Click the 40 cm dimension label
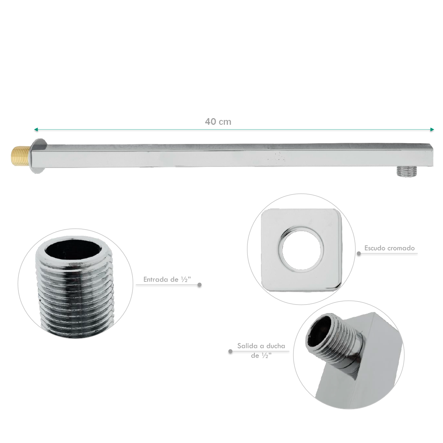(218, 121)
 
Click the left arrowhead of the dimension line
(35, 130)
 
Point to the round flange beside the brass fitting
(38, 156)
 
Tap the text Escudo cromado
(389, 248)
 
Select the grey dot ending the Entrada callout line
(200, 285)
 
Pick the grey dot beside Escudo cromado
(358, 254)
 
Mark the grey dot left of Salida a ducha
(230, 351)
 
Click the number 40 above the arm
(210, 121)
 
